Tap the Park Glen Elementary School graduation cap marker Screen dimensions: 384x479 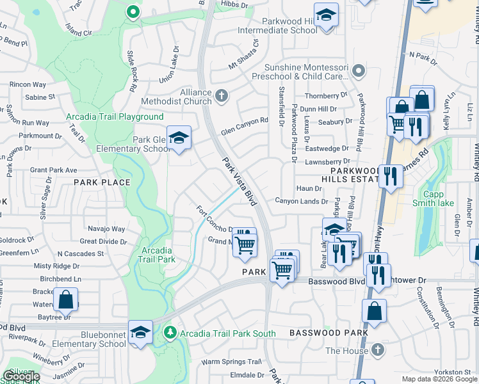click(180, 138)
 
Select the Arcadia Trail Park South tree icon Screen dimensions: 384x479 click(170, 332)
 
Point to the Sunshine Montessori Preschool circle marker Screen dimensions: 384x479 click(358, 70)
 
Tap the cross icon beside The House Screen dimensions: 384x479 click(378, 350)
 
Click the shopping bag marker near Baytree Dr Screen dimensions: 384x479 click(65, 299)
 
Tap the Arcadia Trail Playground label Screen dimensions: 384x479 click(115, 117)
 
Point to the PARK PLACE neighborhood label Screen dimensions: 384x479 click(102, 182)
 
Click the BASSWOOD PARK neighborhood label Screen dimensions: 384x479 click(329, 333)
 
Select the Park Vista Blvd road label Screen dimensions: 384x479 click(239, 182)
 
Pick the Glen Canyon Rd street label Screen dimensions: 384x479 click(244, 122)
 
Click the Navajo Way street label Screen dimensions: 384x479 click(106, 229)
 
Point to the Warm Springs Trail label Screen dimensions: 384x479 click(232, 362)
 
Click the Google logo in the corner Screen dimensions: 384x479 click(21, 376)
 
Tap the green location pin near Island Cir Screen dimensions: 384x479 click(133, 12)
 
